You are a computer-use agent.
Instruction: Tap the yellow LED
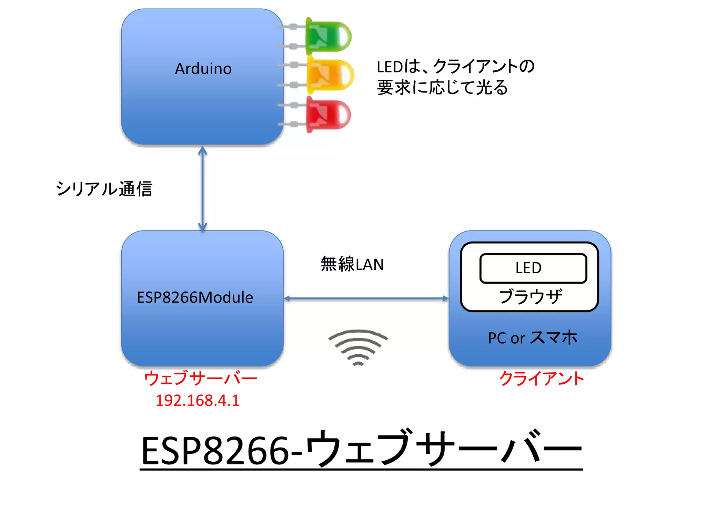click(x=330, y=75)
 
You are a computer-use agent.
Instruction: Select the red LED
click(x=327, y=115)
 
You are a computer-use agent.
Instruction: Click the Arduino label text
click(x=203, y=69)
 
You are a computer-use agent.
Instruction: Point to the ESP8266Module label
click(x=195, y=297)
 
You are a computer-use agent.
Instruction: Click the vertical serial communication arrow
click(x=202, y=188)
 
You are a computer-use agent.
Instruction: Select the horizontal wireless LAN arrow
click(x=366, y=298)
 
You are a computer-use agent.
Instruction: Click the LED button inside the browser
click(x=533, y=268)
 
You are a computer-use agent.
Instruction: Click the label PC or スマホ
click(x=532, y=338)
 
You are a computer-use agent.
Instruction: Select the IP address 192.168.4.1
click(x=198, y=401)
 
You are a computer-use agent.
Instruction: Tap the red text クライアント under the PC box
click(x=542, y=379)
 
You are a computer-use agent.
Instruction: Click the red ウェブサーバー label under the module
click(x=201, y=378)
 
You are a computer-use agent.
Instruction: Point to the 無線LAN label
click(x=352, y=264)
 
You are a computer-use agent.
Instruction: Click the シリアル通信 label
click(x=104, y=189)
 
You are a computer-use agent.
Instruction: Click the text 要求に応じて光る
click(x=442, y=87)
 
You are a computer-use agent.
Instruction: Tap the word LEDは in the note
click(x=398, y=67)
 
